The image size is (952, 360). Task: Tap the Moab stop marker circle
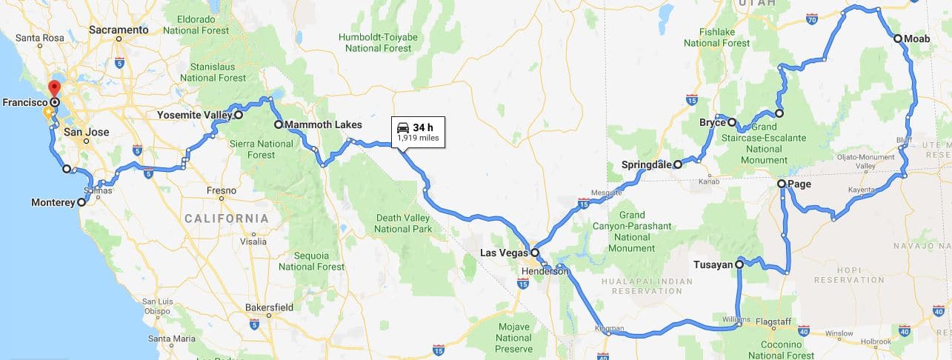pos(898,39)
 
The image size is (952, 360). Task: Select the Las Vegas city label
pos(504,253)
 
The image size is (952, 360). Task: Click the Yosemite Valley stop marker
pos(239,116)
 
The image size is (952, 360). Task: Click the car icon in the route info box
pos(403,126)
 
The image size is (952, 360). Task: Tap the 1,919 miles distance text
pos(418,138)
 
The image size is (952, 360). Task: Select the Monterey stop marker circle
pos(81,201)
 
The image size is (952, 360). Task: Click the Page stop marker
pos(782,184)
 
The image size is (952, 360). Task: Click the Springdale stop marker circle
pos(678,165)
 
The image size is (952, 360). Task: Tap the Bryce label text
pos(712,122)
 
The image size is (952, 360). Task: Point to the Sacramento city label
pos(119,30)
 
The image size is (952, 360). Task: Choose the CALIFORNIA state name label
pos(227,219)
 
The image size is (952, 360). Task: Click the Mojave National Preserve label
pos(513,338)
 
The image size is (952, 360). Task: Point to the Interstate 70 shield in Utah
pos(812,20)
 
